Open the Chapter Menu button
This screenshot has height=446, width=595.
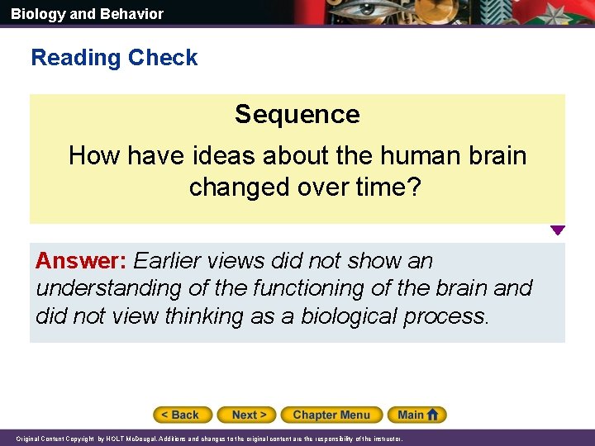pyautogui.click(x=331, y=415)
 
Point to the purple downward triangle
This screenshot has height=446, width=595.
pyautogui.click(x=558, y=230)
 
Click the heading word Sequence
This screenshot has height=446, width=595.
pyautogui.click(x=297, y=114)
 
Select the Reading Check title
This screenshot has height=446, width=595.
pyautogui.click(x=114, y=58)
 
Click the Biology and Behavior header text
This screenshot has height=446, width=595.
pyautogui.click(x=87, y=14)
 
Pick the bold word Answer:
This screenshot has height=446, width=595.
pyautogui.click(x=80, y=261)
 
